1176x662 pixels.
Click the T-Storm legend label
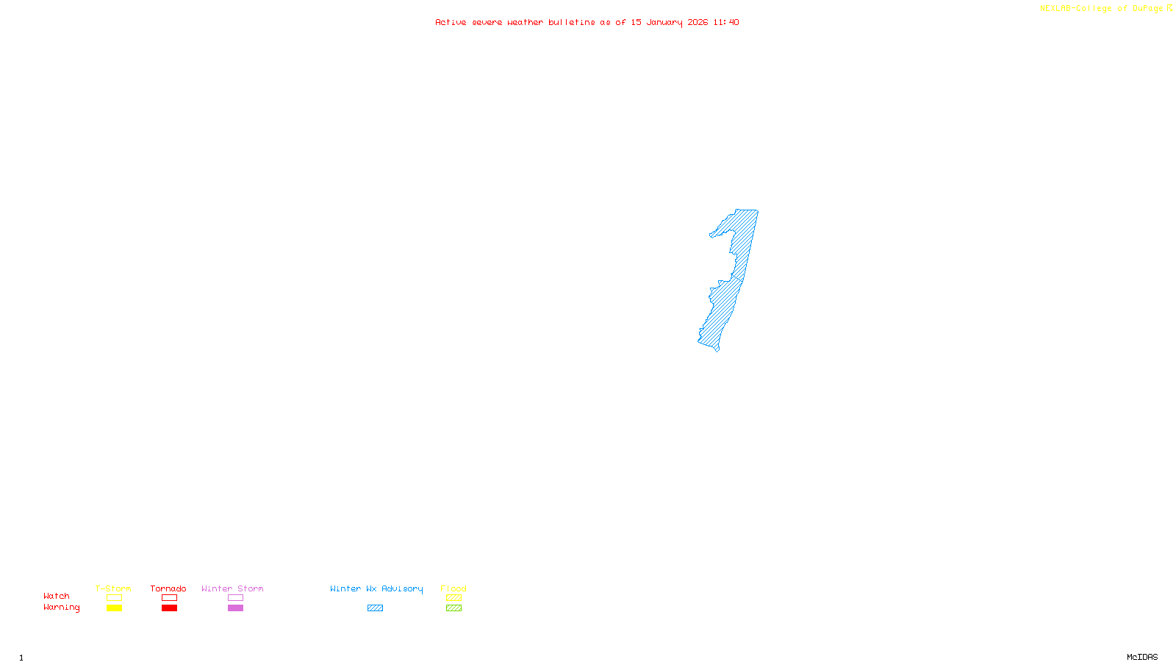pyautogui.click(x=113, y=588)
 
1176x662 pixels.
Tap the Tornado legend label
pyautogui.click(x=168, y=588)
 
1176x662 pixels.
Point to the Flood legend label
pyautogui.click(x=453, y=588)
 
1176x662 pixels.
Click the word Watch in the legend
pyautogui.click(x=57, y=597)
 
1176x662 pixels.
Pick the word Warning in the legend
pyautogui.click(x=62, y=608)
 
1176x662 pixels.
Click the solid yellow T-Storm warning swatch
pyautogui.click(x=114, y=608)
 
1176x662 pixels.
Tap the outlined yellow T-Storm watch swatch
pyautogui.click(x=114, y=598)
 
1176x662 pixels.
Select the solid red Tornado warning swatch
pyautogui.click(x=169, y=608)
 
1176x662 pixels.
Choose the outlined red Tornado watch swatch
pyautogui.click(x=169, y=598)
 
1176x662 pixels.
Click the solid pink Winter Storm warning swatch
pyautogui.click(x=235, y=608)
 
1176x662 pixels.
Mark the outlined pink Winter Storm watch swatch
pyautogui.click(x=235, y=598)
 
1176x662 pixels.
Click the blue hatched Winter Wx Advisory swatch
pyautogui.click(x=375, y=608)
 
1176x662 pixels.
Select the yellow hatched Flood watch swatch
pyautogui.click(x=453, y=598)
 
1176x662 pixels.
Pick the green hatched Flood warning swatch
pyautogui.click(x=453, y=608)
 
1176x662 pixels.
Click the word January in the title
pyautogui.click(x=664, y=23)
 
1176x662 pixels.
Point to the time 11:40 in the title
pyautogui.click(x=726, y=23)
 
